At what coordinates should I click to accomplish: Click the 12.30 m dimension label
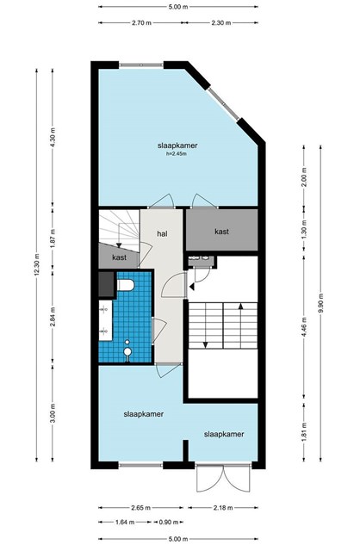(x=37, y=264)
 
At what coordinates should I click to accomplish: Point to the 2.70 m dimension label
(x=141, y=23)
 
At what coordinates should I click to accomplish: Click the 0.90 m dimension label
(x=169, y=523)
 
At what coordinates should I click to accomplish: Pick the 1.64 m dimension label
(x=125, y=523)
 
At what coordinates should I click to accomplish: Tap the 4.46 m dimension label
(x=305, y=327)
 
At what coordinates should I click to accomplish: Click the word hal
(x=162, y=233)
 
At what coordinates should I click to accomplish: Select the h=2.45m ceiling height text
(x=177, y=153)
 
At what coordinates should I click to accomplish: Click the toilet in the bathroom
(x=125, y=285)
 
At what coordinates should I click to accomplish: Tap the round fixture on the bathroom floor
(x=127, y=351)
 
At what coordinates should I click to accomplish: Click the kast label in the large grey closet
(x=222, y=232)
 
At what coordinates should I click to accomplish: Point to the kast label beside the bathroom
(x=119, y=257)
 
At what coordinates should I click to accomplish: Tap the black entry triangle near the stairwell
(x=191, y=287)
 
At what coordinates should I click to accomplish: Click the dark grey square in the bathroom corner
(x=106, y=284)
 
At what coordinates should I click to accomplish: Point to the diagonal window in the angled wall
(x=224, y=104)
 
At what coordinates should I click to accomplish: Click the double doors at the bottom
(x=223, y=478)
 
